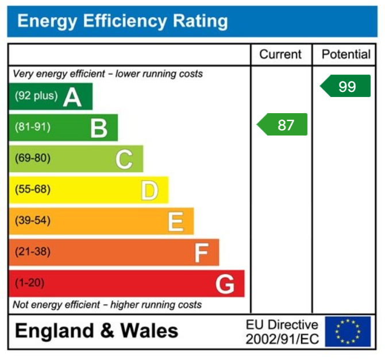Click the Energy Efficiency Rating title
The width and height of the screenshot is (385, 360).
point(122,22)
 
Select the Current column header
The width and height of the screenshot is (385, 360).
point(280,55)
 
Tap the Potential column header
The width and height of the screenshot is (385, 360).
point(346,55)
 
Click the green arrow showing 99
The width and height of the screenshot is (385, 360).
point(345,86)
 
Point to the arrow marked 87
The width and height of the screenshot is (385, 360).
point(282,125)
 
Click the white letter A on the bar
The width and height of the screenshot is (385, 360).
point(72,97)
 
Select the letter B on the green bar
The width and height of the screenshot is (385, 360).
point(99,128)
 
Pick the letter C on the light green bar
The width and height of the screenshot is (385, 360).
point(124,159)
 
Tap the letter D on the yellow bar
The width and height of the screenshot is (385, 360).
point(149,190)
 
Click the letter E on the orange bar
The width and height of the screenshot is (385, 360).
point(175,221)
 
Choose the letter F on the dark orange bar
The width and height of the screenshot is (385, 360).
point(201,252)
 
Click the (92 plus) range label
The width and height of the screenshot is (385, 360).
point(36,96)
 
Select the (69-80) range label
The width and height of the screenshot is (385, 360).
point(32,158)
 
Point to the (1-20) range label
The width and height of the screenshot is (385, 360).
point(30,283)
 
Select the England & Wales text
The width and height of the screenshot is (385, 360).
point(97,331)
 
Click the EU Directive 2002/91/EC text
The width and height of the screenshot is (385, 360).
point(282,332)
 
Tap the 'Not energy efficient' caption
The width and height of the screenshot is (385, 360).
point(107,304)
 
